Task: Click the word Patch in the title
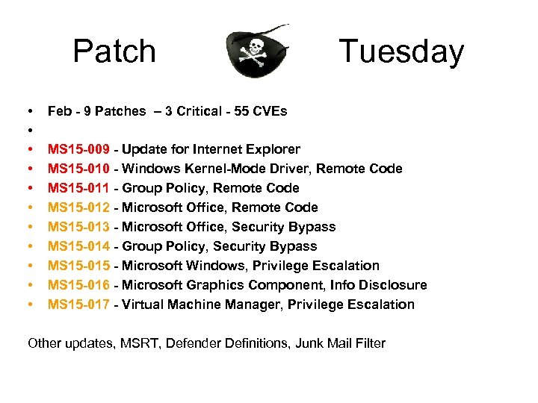[x=114, y=51]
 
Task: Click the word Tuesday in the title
[x=401, y=51]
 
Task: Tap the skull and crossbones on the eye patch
[x=256, y=51]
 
